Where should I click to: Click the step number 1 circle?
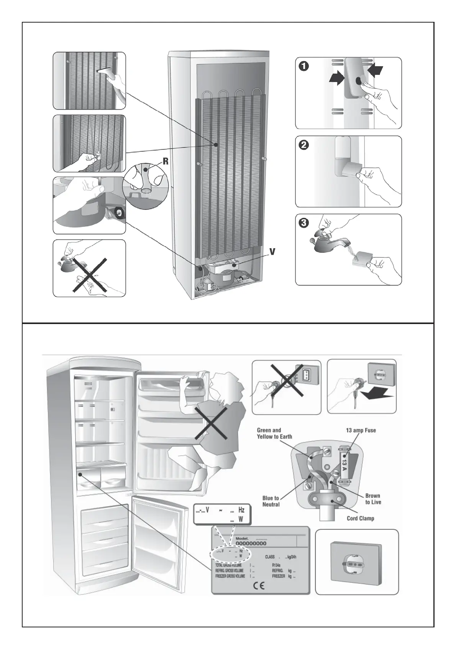click(x=303, y=66)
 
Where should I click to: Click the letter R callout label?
click(x=166, y=161)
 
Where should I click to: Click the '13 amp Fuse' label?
click(x=361, y=430)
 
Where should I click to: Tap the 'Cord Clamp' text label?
click(x=360, y=518)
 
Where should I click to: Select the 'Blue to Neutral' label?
click(x=271, y=501)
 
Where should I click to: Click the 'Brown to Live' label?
click(x=373, y=499)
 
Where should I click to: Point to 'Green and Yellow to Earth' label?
click(x=274, y=433)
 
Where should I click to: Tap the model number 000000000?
click(x=251, y=543)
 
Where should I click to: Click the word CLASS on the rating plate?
click(x=270, y=557)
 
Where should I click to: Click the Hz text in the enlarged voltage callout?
click(x=241, y=510)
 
